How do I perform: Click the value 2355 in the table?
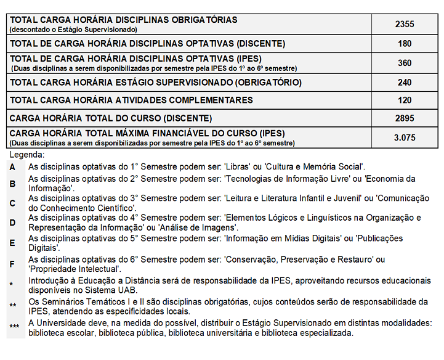tap(405, 24)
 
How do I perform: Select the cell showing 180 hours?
tap(405, 44)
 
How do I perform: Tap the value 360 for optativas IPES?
tap(405, 63)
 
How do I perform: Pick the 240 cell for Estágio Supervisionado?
tap(405, 82)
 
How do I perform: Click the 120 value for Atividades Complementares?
tap(405, 100)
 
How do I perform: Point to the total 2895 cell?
tap(405, 118)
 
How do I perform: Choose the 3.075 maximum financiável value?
tap(405, 137)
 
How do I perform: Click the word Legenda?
tap(27, 155)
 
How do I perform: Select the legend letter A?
tap(12, 166)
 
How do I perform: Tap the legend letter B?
tap(12, 183)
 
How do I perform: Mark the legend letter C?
tap(12, 203)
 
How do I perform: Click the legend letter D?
tap(12, 223)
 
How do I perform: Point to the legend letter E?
tap(12, 242)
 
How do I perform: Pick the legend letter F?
tap(12, 264)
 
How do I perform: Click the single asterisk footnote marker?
tap(12, 285)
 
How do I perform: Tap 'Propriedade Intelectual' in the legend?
tap(75, 269)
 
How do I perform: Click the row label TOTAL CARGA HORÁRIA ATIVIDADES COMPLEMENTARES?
tap(132, 100)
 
